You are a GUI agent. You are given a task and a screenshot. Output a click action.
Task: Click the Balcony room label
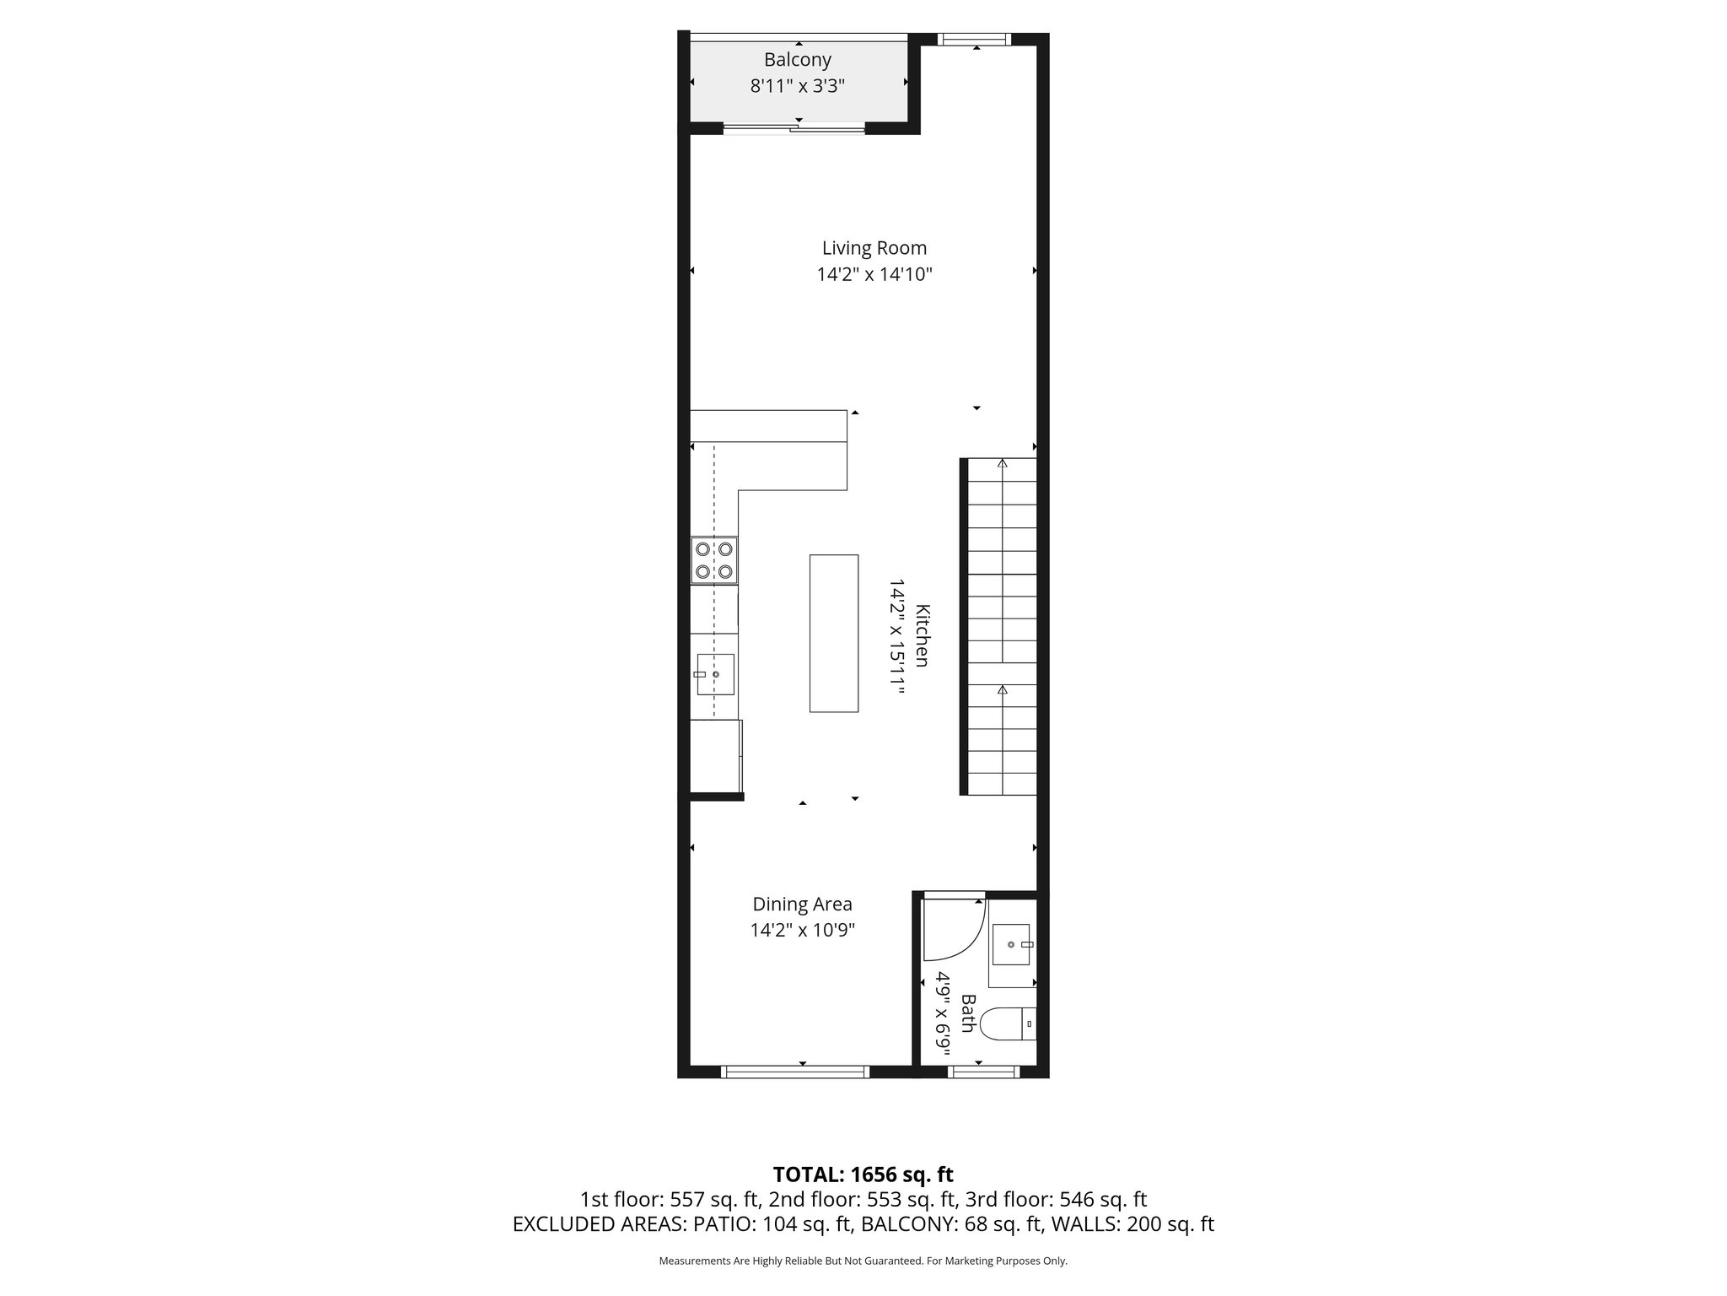click(797, 60)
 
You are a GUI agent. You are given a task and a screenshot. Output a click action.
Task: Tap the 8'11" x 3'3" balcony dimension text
click(797, 86)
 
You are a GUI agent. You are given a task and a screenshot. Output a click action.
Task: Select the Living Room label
click(874, 248)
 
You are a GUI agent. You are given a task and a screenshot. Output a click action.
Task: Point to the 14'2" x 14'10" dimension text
click(874, 274)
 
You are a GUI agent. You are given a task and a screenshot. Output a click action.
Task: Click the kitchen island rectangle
click(833, 633)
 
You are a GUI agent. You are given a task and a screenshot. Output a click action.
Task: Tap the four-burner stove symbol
click(713, 560)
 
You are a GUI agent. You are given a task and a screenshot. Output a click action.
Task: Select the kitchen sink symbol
click(714, 674)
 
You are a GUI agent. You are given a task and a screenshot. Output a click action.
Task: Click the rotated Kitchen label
click(923, 635)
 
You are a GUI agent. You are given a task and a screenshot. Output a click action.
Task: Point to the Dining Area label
click(802, 904)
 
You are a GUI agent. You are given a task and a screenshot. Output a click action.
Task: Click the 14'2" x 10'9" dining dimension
click(802, 931)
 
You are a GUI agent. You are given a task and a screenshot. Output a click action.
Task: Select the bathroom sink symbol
click(1011, 944)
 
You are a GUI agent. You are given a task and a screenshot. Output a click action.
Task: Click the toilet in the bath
click(1007, 1023)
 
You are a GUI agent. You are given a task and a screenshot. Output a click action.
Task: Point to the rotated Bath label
click(967, 1013)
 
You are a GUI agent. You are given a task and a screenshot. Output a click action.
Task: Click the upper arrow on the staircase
click(1002, 463)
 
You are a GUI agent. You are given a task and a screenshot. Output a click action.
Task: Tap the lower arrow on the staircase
click(1002, 690)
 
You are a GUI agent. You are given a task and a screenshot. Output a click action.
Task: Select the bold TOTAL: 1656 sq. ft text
click(863, 1174)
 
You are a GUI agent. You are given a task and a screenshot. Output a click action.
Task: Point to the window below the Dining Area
click(795, 1072)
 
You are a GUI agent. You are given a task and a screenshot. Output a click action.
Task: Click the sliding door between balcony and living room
click(794, 129)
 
